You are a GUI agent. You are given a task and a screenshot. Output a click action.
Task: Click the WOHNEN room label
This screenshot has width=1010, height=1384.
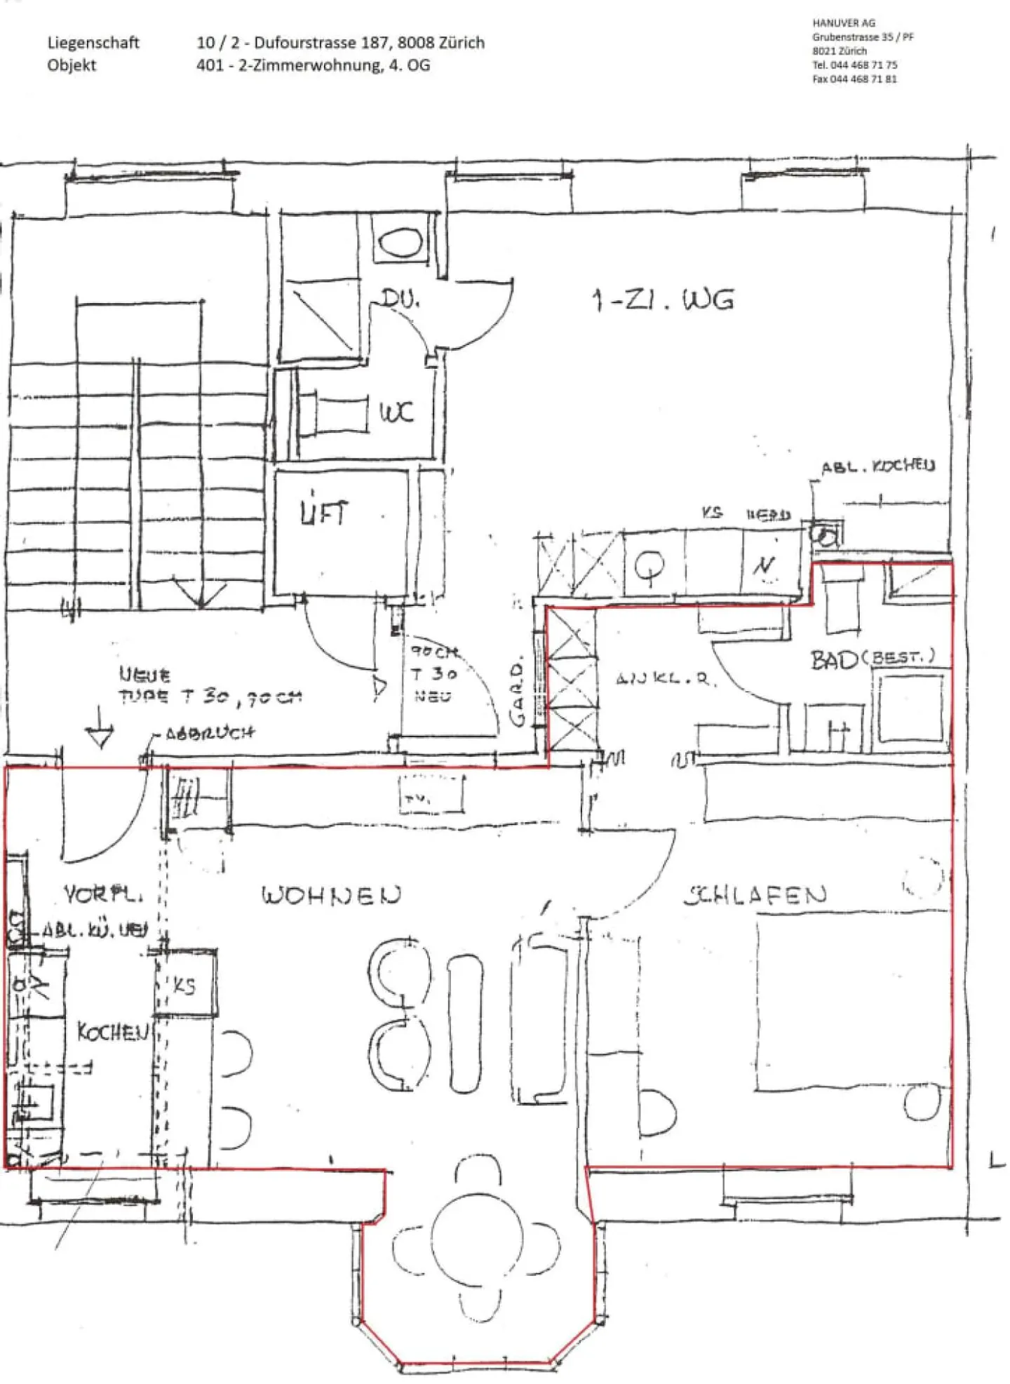pyautogui.click(x=331, y=895)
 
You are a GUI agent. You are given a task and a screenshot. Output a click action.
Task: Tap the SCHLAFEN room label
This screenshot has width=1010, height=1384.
pyautogui.click(x=755, y=895)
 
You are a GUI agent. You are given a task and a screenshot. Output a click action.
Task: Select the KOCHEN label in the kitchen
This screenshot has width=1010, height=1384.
pyautogui.click(x=112, y=1031)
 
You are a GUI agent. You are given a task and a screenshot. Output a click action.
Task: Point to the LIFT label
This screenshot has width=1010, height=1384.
pyautogui.click(x=323, y=512)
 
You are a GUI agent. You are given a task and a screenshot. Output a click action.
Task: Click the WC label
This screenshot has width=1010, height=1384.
pyautogui.click(x=397, y=412)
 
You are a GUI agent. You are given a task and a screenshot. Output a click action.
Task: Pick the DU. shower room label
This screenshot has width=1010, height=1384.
pyautogui.click(x=400, y=300)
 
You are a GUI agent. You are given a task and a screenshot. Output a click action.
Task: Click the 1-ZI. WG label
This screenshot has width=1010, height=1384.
pyautogui.click(x=663, y=300)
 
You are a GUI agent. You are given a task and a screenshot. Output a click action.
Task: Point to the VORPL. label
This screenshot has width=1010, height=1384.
pyautogui.click(x=103, y=894)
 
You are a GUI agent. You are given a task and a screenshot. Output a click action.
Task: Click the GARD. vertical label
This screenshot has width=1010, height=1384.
pyautogui.click(x=518, y=694)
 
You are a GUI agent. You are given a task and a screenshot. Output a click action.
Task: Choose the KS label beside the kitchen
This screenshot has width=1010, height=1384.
pyautogui.click(x=184, y=986)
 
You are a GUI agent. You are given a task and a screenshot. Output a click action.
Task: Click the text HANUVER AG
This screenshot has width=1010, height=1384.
pyautogui.click(x=843, y=23)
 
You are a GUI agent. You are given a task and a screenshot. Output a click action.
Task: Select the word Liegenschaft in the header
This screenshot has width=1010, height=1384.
pyautogui.click(x=93, y=42)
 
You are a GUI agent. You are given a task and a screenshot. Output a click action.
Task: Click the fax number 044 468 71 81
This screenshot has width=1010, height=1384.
pyautogui.click(x=863, y=79)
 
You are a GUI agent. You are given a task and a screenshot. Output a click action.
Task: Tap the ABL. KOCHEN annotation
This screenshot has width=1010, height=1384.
pyautogui.click(x=877, y=466)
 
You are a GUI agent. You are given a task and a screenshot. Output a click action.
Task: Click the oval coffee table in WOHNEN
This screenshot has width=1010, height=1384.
pyautogui.click(x=465, y=1024)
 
